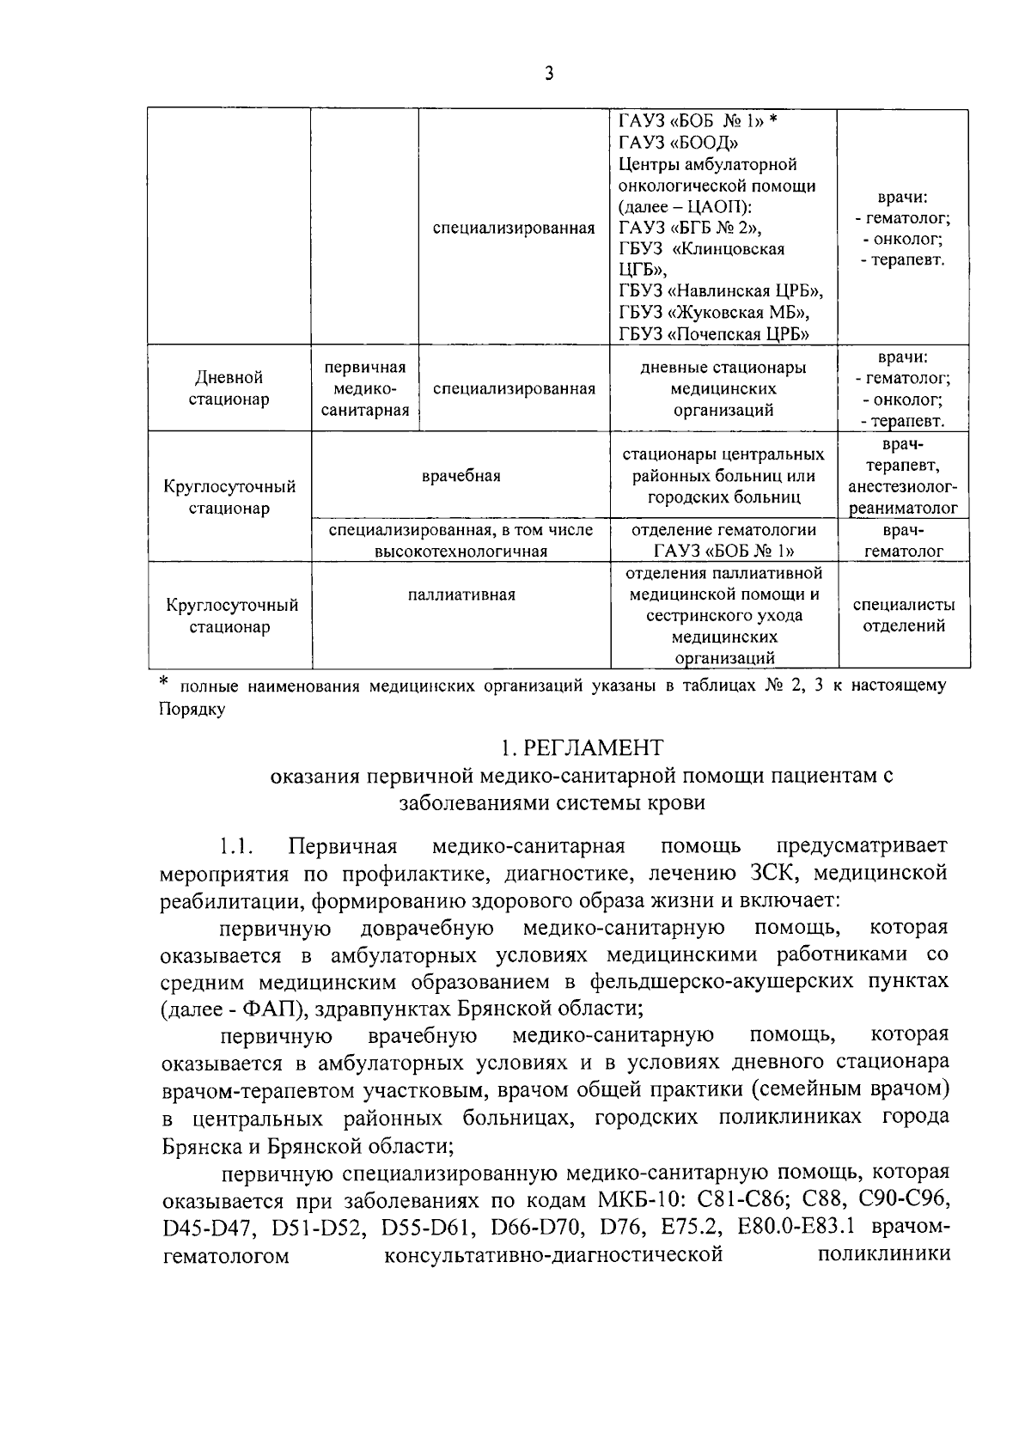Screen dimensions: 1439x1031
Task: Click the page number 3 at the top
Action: tap(549, 74)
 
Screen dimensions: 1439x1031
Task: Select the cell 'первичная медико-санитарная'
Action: tap(364, 388)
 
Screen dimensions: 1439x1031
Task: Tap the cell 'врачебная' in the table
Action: tap(461, 476)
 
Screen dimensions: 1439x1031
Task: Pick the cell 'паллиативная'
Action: tap(461, 595)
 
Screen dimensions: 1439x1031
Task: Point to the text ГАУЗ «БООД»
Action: tap(678, 143)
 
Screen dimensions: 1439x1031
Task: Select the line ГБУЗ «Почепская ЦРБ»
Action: tap(715, 333)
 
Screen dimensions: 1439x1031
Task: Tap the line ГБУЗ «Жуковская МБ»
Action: tap(714, 313)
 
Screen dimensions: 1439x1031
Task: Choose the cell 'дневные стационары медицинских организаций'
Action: tap(723, 388)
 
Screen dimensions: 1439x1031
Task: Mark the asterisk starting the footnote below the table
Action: tap(165, 684)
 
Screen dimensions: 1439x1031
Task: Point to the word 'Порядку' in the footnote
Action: tap(192, 710)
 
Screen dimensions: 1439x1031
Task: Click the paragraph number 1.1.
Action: tap(235, 847)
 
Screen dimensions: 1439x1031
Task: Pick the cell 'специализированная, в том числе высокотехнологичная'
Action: tap(461, 540)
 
